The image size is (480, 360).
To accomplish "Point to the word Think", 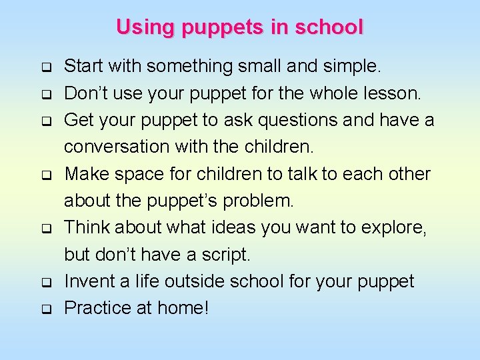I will coord(87,227).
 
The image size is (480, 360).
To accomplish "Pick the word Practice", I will coord(98,307).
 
